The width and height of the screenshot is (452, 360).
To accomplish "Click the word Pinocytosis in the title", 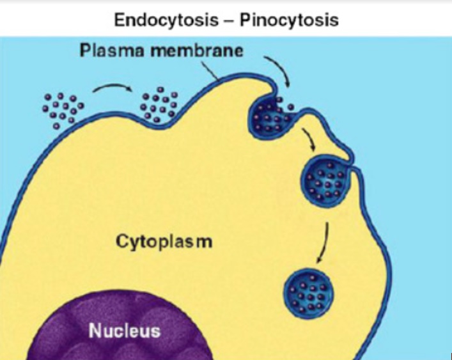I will click(x=289, y=19).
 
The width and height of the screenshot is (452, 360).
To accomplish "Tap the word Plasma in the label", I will click(x=113, y=51).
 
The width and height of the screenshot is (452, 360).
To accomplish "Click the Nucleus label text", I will click(x=124, y=331).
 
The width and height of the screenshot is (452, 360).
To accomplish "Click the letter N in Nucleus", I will click(x=94, y=331).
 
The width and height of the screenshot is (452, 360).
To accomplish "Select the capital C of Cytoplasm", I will click(x=121, y=242).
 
